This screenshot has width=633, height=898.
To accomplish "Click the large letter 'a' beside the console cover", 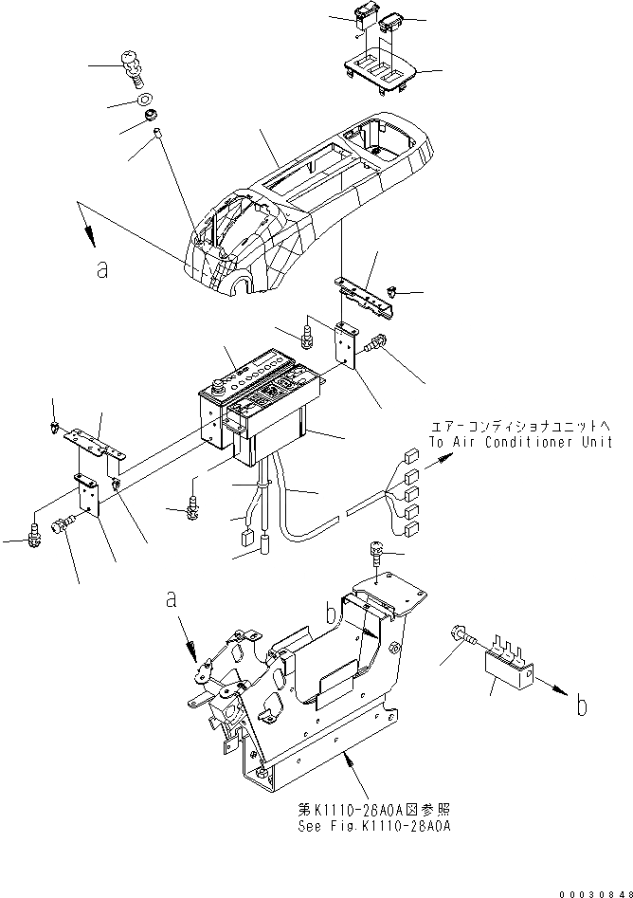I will click(102, 270).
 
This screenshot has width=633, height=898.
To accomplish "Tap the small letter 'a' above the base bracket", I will click(172, 601).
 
